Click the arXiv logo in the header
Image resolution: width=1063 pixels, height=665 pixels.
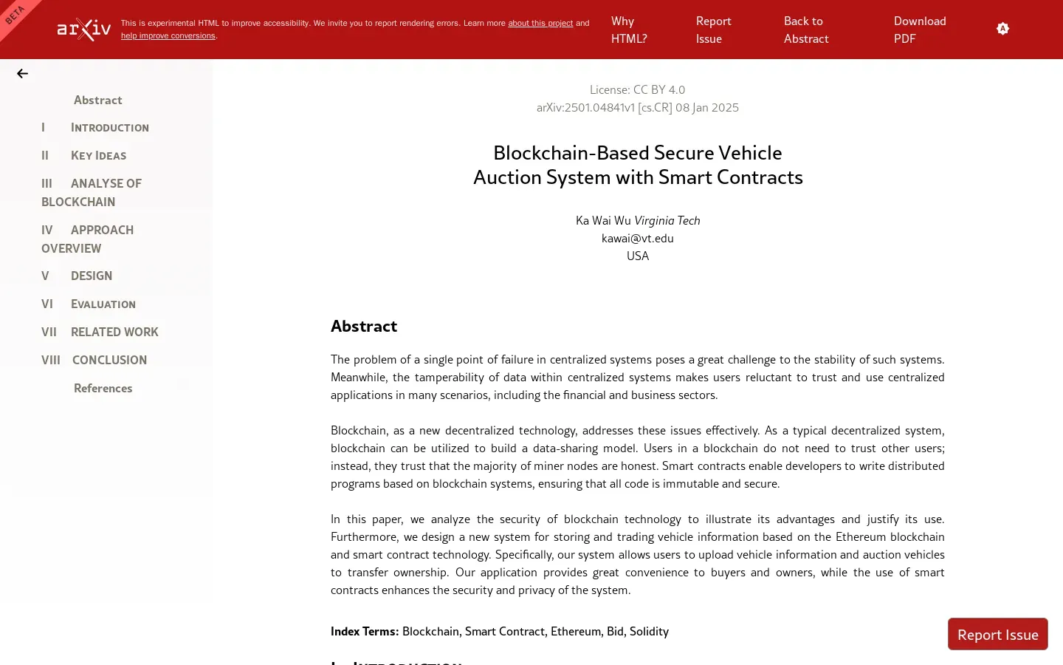coord(84,30)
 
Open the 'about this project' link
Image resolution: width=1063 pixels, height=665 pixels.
coord(540,23)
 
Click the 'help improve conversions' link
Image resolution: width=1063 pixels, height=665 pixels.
coord(168,35)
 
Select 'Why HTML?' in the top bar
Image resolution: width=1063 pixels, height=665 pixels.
coord(628,30)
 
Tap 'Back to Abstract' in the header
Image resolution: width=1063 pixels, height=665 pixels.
coord(805,30)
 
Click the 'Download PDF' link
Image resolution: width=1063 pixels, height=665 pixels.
coord(919,30)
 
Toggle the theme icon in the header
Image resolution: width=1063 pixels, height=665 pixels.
coord(1002,29)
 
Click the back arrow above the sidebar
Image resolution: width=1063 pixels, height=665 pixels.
coord(23,74)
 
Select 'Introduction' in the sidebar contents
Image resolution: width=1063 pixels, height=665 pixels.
coord(109,127)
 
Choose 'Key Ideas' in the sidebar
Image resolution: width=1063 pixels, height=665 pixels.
coord(98,155)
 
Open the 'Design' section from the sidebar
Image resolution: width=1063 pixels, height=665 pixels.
coord(92,276)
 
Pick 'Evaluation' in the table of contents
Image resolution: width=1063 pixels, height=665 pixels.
coord(103,304)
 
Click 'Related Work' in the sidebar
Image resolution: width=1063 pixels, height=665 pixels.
coord(114,332)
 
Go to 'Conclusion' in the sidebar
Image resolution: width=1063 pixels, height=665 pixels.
coord(109,360)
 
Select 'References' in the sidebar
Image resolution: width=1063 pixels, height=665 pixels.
coord(103,388)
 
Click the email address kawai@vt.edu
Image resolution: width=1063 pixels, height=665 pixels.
coord(638,238)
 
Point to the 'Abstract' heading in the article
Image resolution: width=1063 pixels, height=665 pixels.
coord(364,326)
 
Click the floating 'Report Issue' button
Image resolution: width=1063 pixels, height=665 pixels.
coord(997,634)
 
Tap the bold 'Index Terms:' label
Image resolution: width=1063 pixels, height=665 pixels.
coord(365,631)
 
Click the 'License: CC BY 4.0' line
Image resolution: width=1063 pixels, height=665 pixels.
coord(638,89)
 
